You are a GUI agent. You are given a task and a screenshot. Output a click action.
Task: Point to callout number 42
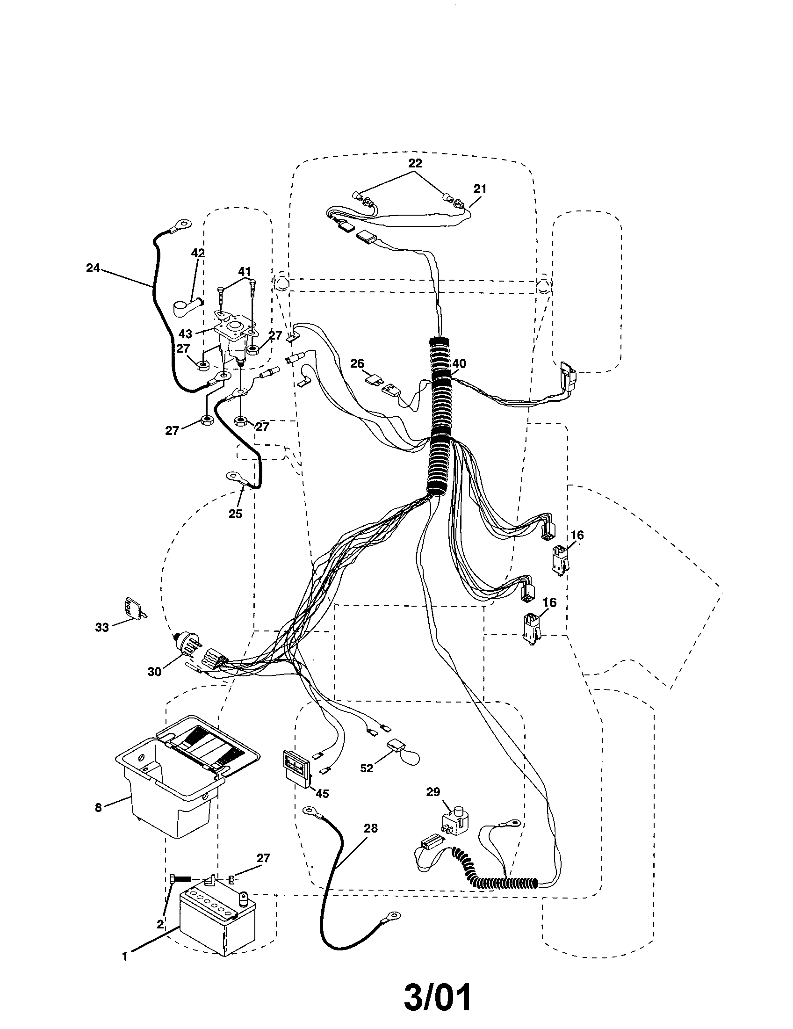tap(198, 253)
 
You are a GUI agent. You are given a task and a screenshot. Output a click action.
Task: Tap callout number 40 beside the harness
tap(459, 363)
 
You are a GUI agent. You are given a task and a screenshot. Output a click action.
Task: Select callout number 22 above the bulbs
tap(415, 163)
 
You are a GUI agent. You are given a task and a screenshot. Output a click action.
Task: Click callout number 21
tap(480, 189)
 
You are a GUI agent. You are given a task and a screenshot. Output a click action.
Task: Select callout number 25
tap(236, 514)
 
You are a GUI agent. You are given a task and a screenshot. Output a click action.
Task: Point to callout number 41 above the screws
tap(245, 271)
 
